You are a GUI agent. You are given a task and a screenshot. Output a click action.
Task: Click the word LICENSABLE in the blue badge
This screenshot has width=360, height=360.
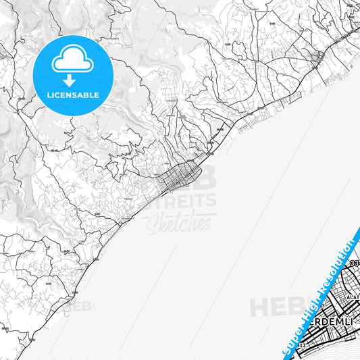click(73, 95)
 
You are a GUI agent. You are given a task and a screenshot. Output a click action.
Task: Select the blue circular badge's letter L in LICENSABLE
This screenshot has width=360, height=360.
click(49, 95)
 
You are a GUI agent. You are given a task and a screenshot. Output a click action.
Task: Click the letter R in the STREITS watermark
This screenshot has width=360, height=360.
click(174, 201)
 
